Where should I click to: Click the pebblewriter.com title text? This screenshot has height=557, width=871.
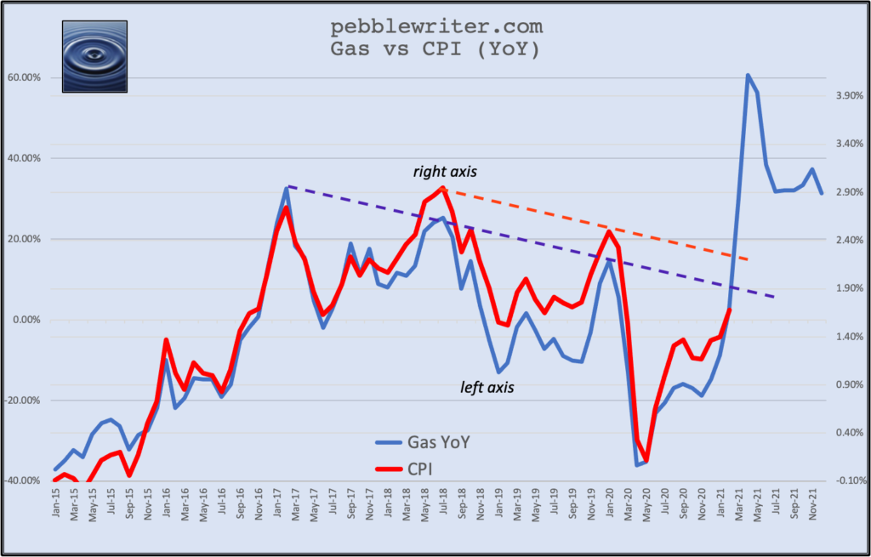point(435,28)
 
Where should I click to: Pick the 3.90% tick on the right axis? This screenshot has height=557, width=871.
point(846,95)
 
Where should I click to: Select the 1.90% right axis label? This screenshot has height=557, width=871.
point(846,288)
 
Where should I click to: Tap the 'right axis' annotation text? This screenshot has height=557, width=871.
point(445,172)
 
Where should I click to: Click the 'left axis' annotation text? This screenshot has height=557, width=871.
point(487,387)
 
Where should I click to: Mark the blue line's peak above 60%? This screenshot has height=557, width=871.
point(747,75)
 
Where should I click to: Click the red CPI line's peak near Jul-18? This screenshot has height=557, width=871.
point(443,188)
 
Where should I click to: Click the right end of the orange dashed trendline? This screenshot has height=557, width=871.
point(748,259)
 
